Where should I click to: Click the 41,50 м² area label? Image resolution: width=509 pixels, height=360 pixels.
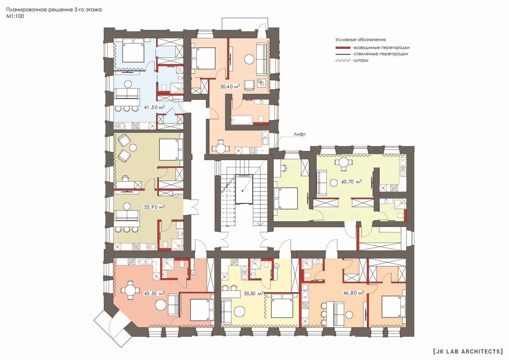pos(154,107)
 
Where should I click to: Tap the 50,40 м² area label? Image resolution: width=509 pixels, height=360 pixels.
pos(230,87)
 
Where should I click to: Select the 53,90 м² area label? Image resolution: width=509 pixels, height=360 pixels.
pos(154,207)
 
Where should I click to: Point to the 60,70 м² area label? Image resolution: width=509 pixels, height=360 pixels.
pos(352,182)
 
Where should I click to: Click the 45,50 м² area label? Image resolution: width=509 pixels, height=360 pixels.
pos(154,293)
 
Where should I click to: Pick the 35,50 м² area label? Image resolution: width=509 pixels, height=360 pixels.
pos(254,293)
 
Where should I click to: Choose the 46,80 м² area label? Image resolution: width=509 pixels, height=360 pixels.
pos(353,293)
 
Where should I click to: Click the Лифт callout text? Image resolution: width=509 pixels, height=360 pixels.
pos(300,134)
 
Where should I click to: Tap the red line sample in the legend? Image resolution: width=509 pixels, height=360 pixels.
pos(343,48)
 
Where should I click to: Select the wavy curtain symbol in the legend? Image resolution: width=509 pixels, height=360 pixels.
pos(343,61)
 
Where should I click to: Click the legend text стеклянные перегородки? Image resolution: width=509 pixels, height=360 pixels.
pos(380,54)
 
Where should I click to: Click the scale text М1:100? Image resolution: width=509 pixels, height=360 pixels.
pos(15,16)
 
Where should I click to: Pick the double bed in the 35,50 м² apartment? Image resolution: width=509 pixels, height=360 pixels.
pos(282,306)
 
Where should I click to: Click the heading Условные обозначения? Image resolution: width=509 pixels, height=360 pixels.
pos(361,40)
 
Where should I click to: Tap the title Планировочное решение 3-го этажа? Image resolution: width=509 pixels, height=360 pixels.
pos(54,10)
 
